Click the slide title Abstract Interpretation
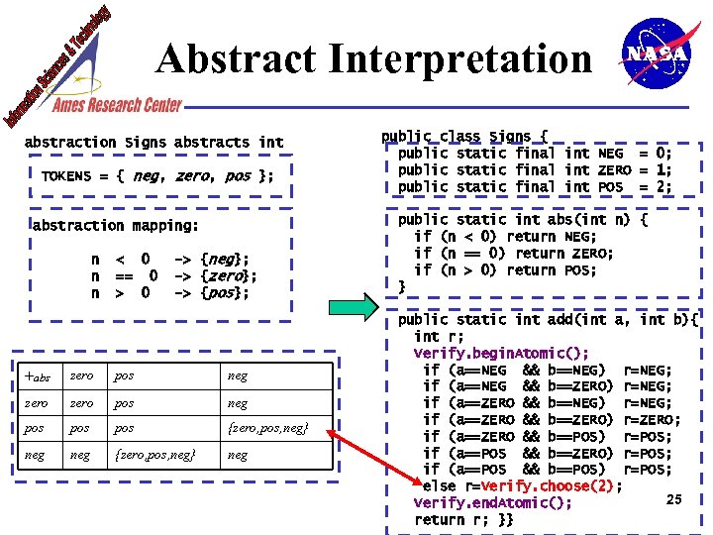click(374, 60)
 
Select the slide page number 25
click(674, 499)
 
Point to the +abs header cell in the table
click(37, 376)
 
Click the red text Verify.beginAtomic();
click(501, 354)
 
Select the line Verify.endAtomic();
click(492, 503)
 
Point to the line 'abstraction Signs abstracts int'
click(153, 143)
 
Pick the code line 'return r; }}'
click(463, 520)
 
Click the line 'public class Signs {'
click(464, 137)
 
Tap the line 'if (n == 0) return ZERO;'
click(514, 254)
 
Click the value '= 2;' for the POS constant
click(655, 187)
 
